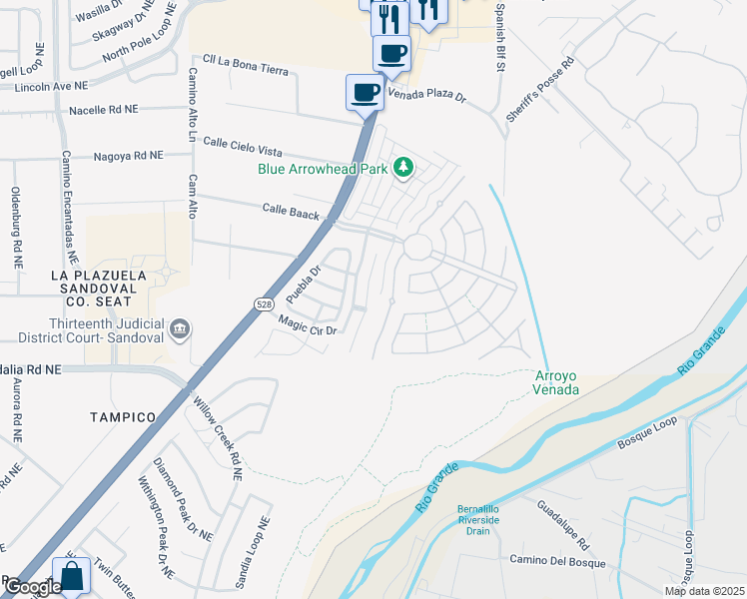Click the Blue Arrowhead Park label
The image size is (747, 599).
pyautogui.click(x=323, y=169)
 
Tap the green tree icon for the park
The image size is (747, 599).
pyautogui.click(x=403, y=167)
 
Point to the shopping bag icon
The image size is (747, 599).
pyautogui.click(x=72, y=576)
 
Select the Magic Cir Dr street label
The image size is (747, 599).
pyautogui.click(x=310, y=324)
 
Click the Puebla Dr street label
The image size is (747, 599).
pyautogui.click(x=302, y=284)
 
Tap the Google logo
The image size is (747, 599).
pyautogui.click(x=32, y=587)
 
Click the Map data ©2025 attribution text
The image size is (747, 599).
pyautogui.click(x=703, y=591)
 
